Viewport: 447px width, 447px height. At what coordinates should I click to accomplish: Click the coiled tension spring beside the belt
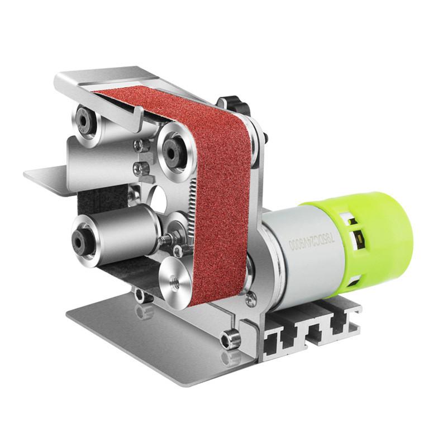pyautogui.click(x=189, y=207)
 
